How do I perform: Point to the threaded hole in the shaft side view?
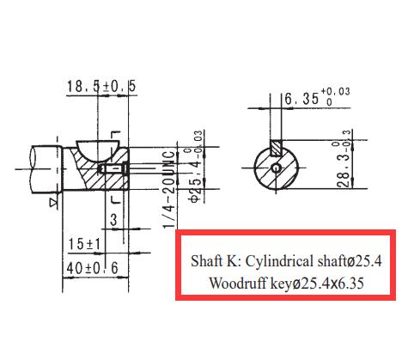tap(113, 168)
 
